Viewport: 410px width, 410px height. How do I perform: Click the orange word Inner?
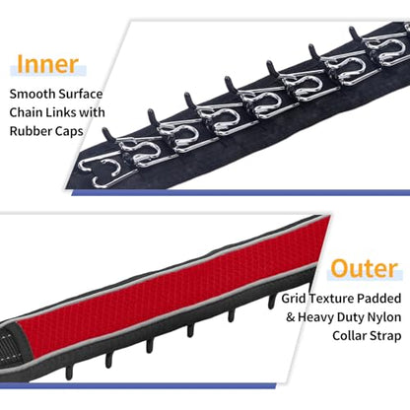tap(47, 64)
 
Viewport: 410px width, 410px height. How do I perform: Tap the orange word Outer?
tap(365, 269)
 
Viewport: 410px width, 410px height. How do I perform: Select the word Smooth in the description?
tap(28, 94)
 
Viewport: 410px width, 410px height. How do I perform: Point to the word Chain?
tap(26, 112)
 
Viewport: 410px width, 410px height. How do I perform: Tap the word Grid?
tap(294, 299)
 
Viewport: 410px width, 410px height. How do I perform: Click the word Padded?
tap(379, 299)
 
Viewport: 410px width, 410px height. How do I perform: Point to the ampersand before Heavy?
tap(291, 317)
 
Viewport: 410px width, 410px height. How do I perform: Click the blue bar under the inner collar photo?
tap(240, 193)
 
